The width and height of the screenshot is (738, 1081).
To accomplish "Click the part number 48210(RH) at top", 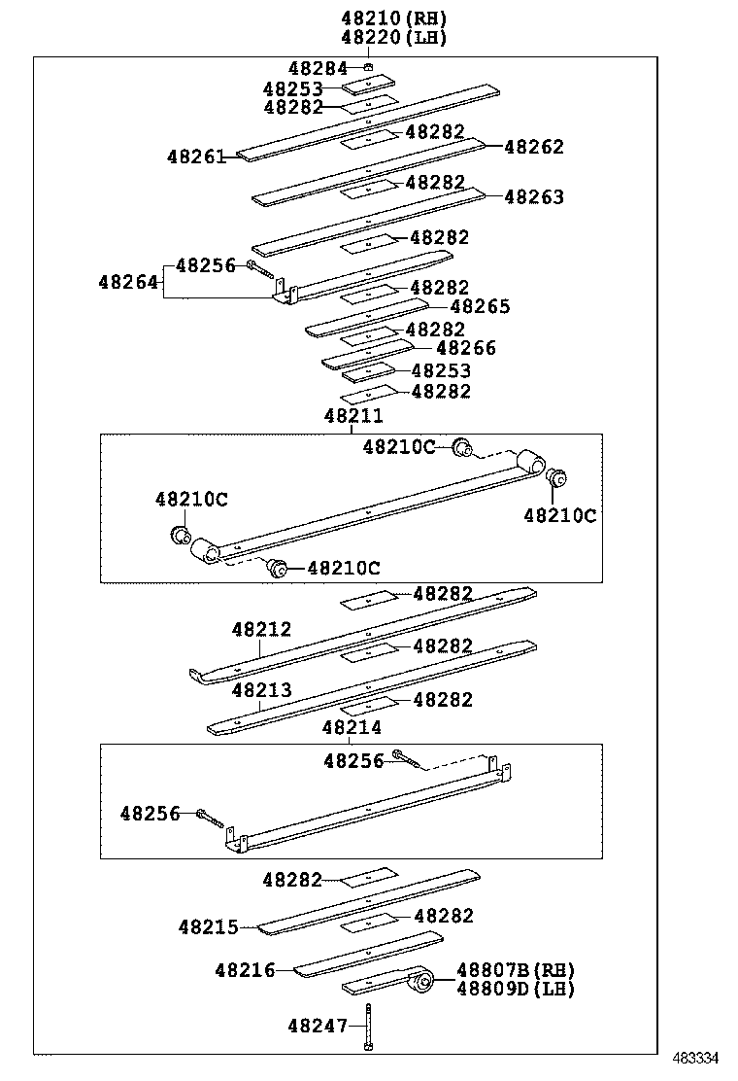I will coord(393,17).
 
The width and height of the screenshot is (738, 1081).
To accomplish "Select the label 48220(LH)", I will coord(393,37).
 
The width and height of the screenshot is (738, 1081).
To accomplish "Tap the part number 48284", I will coord(318,68).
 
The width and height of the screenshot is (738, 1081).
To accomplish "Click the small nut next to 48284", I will coord(369,67).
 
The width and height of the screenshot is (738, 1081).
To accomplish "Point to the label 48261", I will coord(195,156).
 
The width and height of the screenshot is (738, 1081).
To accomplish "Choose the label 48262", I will coord(534,147).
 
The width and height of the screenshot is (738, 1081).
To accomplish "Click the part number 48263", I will coord(534,197).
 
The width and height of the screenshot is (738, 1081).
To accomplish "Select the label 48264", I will coord(127,282).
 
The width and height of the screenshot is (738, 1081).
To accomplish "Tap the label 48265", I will coord(480,306).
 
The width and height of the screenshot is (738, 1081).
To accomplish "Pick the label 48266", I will coord(466,348).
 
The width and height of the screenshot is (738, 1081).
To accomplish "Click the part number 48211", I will coord(352,416).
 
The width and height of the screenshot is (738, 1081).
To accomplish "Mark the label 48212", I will coord(261,630).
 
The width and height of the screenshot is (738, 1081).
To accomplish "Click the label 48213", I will coord(261,690).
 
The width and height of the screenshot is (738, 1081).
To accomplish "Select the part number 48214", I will coord(352,727).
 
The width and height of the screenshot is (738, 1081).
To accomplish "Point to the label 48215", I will coord(208,927).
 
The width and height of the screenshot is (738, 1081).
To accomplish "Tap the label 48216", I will coord(245,969).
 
